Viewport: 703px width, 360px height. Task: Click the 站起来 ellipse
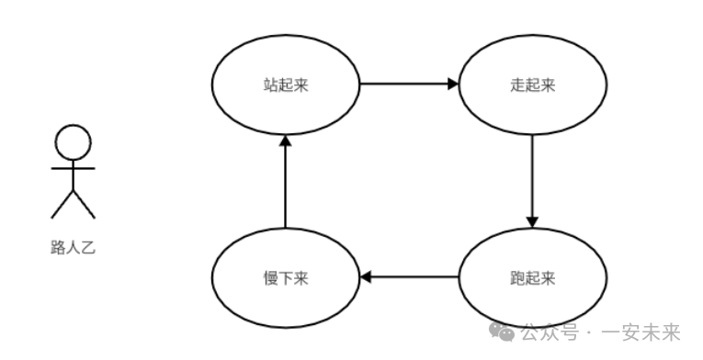coord(285,85)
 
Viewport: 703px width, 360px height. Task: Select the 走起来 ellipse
coord(532,85)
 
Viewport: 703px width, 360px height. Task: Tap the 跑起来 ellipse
coord(532,276)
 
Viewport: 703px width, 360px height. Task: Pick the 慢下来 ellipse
coord(285,276)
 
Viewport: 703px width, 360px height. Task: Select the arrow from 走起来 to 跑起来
coord(532,179)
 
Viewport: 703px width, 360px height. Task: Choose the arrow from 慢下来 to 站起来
coord(285,184)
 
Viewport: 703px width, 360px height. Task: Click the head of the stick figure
coord(74,143)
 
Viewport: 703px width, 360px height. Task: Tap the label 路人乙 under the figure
coord(74,246)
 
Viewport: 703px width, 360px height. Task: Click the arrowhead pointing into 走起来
coord(452,84)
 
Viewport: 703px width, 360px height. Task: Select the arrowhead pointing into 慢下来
coord(365,276)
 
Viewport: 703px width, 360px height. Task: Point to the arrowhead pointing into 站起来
coord(285,141)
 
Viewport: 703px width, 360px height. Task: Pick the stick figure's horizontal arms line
coord(74,169)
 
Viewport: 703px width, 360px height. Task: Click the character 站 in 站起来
coord(270,85)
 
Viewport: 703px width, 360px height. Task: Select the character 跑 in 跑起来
coord(517,276)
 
